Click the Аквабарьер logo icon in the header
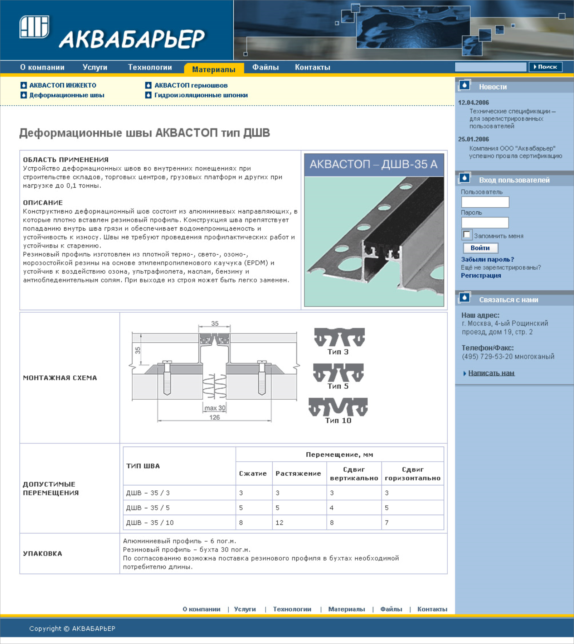point(34,27)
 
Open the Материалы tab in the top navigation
point(214,69)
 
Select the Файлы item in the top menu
point(265,67)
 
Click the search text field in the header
point(490,67)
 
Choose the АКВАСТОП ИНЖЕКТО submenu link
point(63,85)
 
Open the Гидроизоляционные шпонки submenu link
point(201,95)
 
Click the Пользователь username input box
point(485,202)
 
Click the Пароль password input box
point(485,222)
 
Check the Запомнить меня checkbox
point(467,235)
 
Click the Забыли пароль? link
point(487,259)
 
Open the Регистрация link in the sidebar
point(481,275)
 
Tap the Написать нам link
point(491,373)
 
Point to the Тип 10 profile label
point(338,420)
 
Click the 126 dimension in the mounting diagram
point(214,417)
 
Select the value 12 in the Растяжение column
point(279,523)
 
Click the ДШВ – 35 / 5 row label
point(148,508)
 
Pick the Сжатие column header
point(253,474)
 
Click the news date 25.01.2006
point(473,139)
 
